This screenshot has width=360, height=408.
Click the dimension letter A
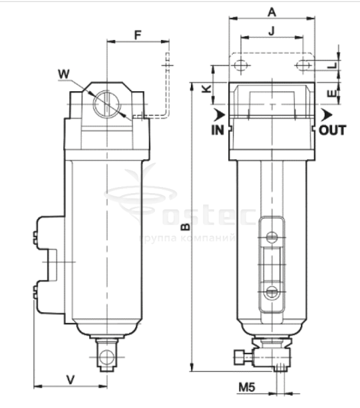[272, 12]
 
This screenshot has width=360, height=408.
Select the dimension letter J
[272, 31]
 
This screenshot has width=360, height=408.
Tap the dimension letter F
[138, 35]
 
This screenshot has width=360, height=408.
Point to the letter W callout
[64, 74]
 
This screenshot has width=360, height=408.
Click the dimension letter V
[71, 379]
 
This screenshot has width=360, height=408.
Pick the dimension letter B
[185, 227]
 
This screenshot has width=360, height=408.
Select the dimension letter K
[207, 89]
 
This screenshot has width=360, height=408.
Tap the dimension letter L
[332, 65]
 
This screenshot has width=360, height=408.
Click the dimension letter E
[332, 93]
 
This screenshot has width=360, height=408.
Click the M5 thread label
[247, 388]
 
